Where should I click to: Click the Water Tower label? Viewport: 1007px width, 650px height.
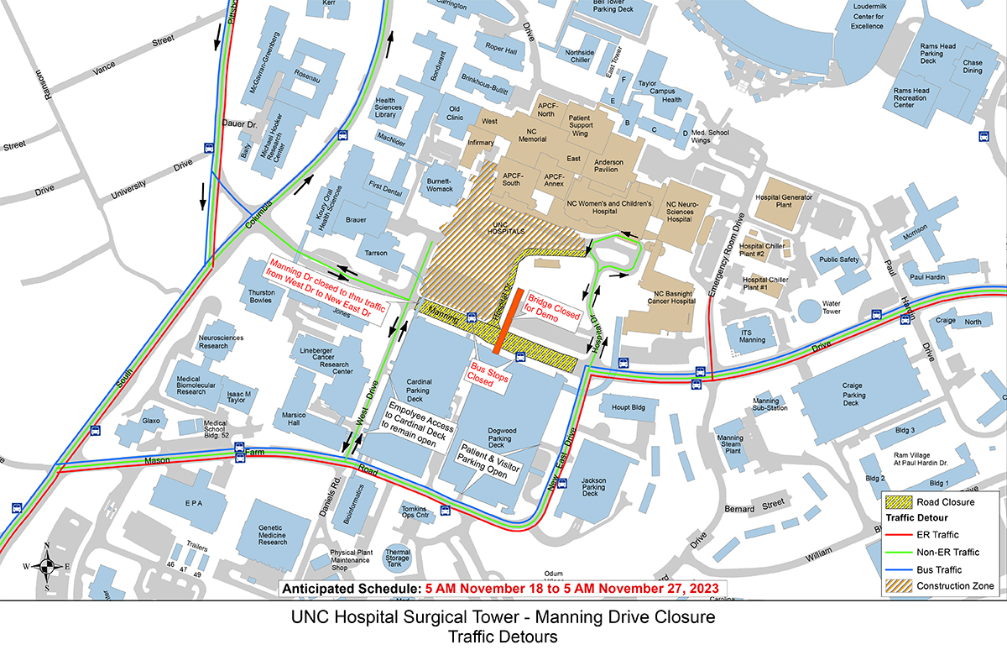click(x=831, y=307)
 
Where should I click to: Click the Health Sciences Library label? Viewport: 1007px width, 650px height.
click(x=391, y=107)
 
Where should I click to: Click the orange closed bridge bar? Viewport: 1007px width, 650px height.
click(x=510, y=321)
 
